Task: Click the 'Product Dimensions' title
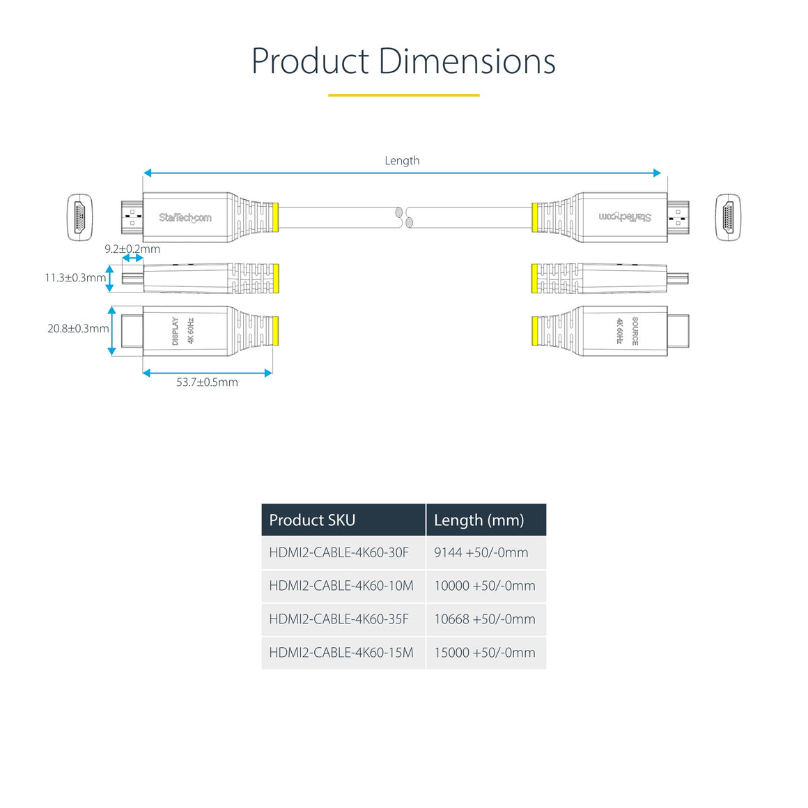coord(403,61)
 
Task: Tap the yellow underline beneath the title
coord(403,95)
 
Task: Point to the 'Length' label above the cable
coord(402,161)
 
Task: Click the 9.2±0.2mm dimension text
coord(132,249)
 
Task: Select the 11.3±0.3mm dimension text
coord(75,278)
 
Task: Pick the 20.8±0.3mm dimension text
coord(78,328)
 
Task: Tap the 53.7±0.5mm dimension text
coord(207,382)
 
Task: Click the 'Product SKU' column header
coord(312,520)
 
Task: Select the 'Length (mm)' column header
coord(479,520)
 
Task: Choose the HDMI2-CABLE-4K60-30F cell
coord(339,552)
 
